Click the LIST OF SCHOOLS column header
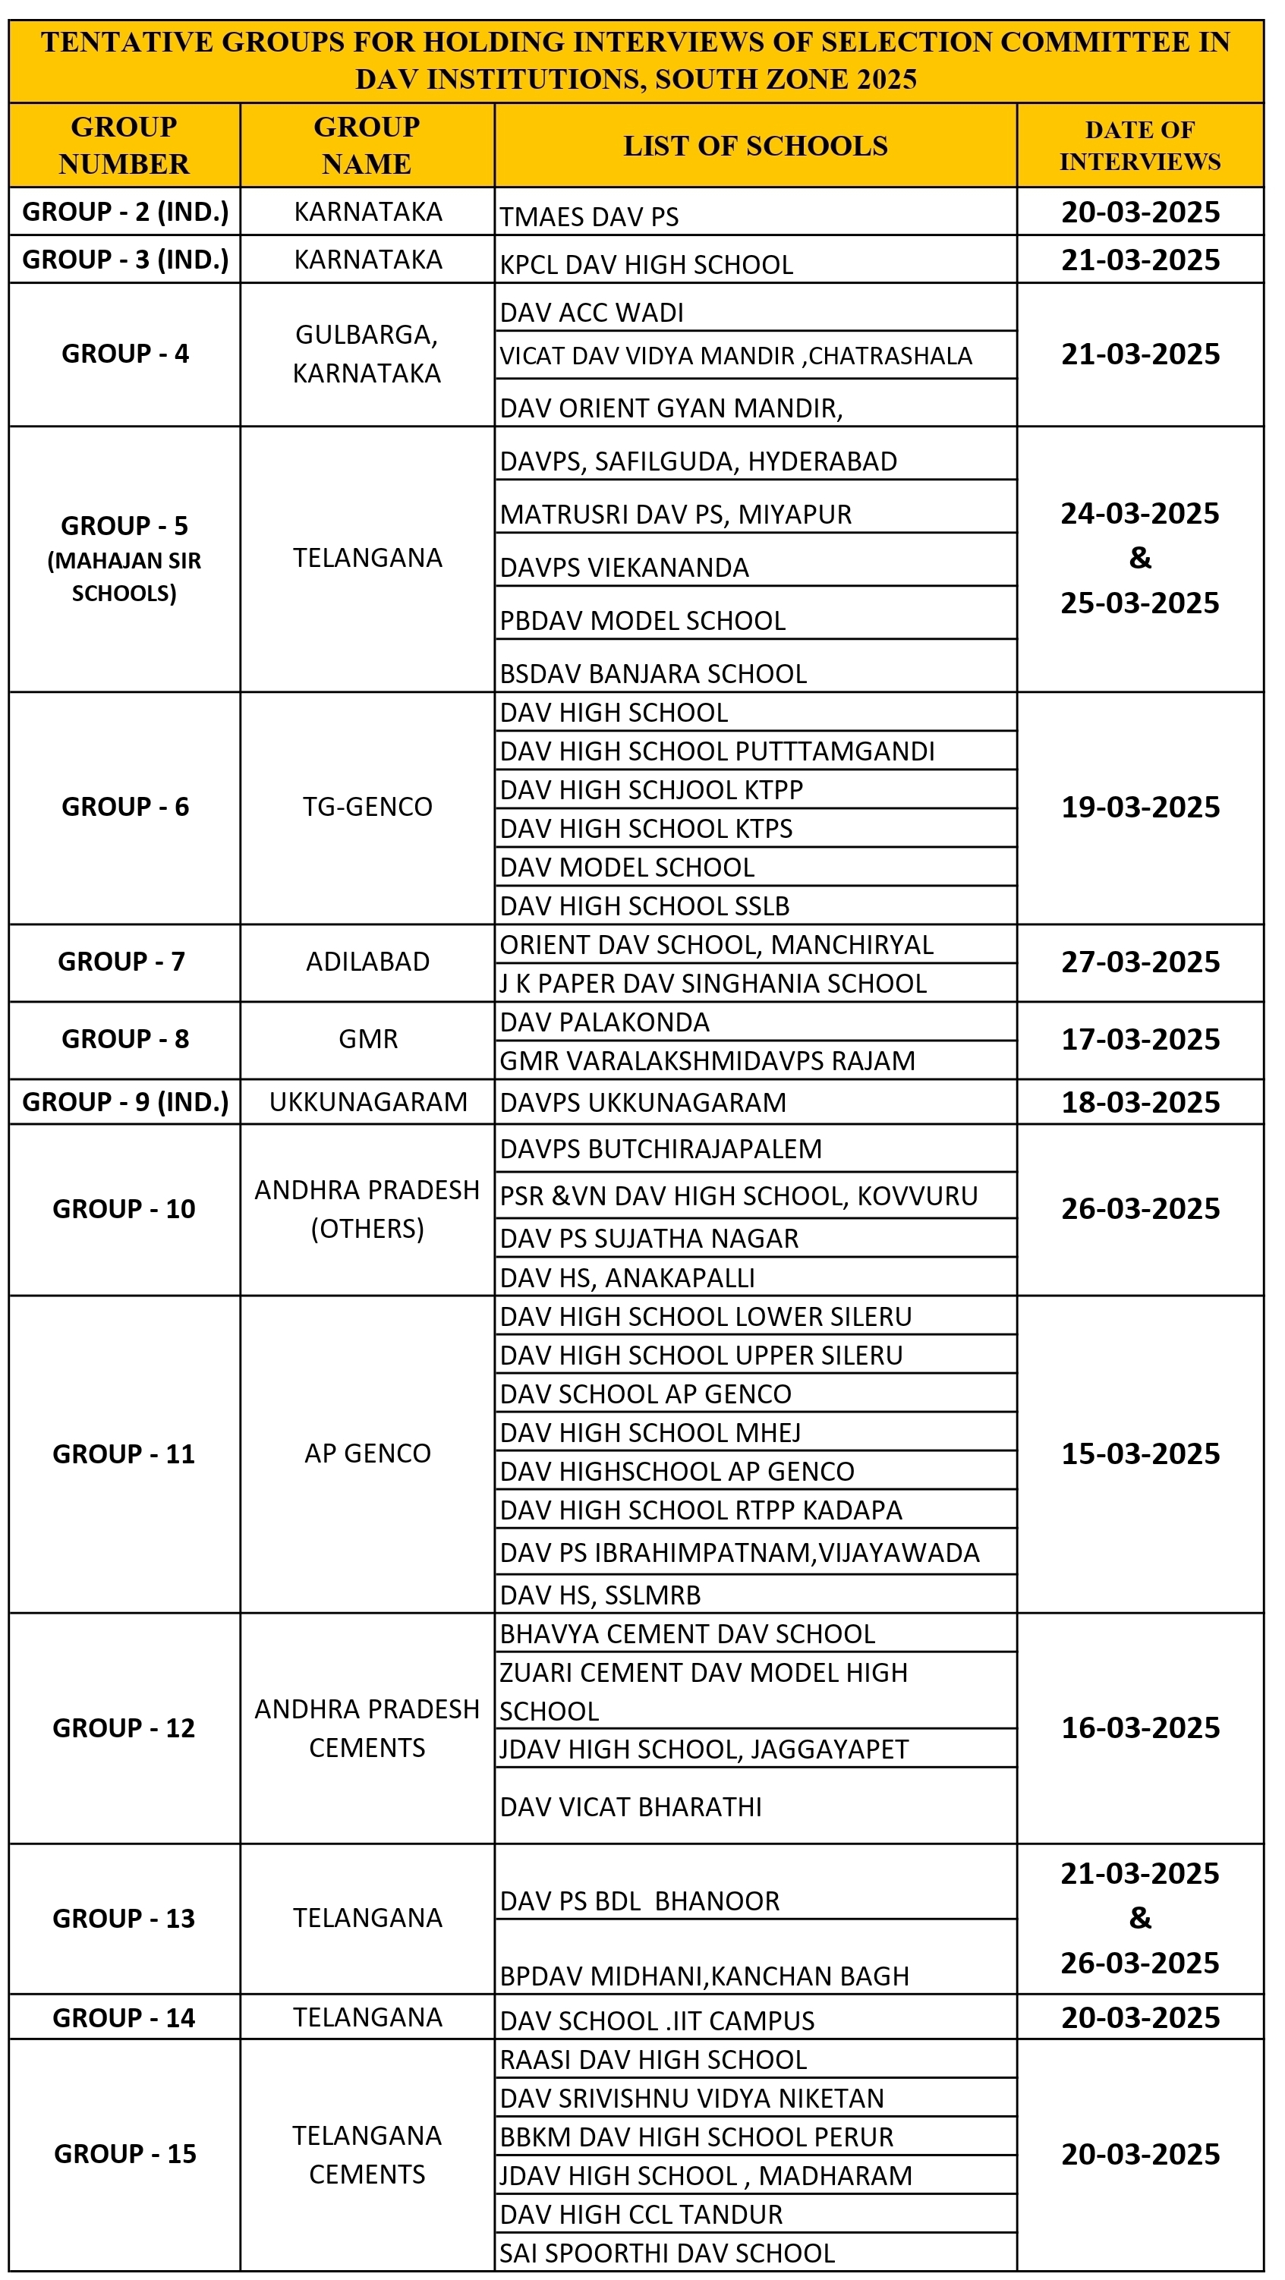(x=755, y=146)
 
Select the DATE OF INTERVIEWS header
(x=1140, y=146)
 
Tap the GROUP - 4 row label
(x=124, y=354)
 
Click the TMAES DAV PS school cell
(x=590, y=217)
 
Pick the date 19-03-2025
(x=1140, y=808)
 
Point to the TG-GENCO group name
(x=367, y=808)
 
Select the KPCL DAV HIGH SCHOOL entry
(x=646, y=265)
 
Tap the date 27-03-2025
(x=1140, y=962)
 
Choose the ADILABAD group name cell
(x=367, y=962)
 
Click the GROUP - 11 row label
(x=124, y=1454)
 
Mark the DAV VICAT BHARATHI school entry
(x=630, y=1807)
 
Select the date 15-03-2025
(x=1140, y=1454)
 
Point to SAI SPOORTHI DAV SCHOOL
(x=666, y=2253)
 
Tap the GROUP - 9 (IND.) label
(x=124, y=1102)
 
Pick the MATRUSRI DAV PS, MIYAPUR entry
(x=676, y=515)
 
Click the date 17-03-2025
(x=1140, y=1039)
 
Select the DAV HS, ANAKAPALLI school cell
(x=627, y=1278)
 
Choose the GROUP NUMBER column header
(x=124, y=146)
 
